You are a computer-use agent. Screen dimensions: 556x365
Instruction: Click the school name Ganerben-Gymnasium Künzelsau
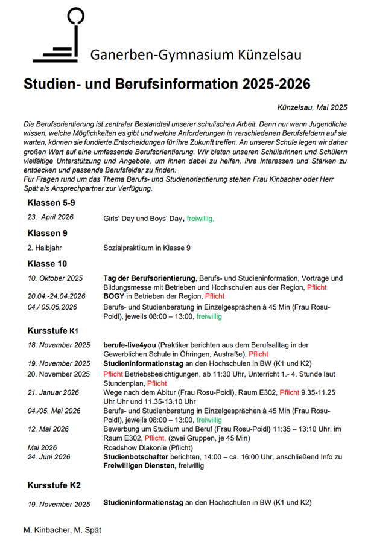pyautogui.click(x=195, y=56)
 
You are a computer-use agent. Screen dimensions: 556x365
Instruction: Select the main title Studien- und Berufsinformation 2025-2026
pyautogui.click(x=167, y=84)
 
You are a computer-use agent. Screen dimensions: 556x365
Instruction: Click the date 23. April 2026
pyautogui.click(x=51, y=217)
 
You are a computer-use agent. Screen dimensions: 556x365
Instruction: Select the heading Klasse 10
pyautogui.click(x=47, y=264)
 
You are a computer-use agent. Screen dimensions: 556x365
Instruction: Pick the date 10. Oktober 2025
pyautogui.click(x=56, y=278)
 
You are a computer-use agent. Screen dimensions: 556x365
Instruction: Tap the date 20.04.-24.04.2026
pyautogui.click(x=57, y=296)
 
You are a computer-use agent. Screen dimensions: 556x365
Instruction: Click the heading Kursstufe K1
pyautogui.click(x=53, y=330)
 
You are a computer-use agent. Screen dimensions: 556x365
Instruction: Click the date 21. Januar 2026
pyautogui.click(x=53, y=392)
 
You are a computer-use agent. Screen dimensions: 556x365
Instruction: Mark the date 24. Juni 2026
pyautogui.click(x=49, y=457)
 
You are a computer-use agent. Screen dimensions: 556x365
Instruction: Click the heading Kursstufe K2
pyautogui.click(x=54, y=485)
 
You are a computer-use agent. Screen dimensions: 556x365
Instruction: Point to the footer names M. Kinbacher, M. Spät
pyautogui.click(x=62, y=529)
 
